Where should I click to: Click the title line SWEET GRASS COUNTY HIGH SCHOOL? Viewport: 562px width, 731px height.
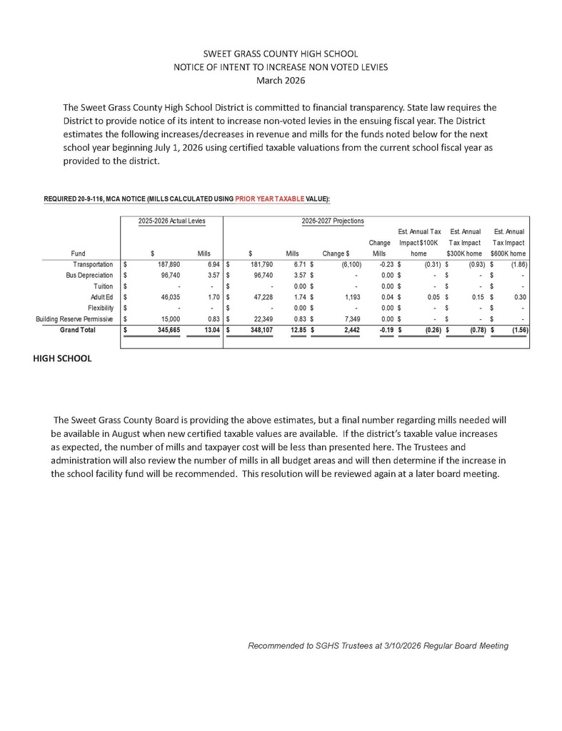coord(281,54)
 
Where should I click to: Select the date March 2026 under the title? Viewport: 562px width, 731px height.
coord(281,80)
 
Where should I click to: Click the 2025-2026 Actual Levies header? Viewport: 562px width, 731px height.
coord(171,221)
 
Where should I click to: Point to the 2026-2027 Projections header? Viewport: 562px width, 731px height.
coord(332,221)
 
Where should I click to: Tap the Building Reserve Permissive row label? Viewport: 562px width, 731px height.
coord(74,319)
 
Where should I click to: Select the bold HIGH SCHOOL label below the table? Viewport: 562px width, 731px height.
coord(63,358)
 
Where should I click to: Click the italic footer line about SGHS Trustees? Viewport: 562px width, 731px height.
coord(378,645)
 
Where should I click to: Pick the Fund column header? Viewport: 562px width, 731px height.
coord(79,253)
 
